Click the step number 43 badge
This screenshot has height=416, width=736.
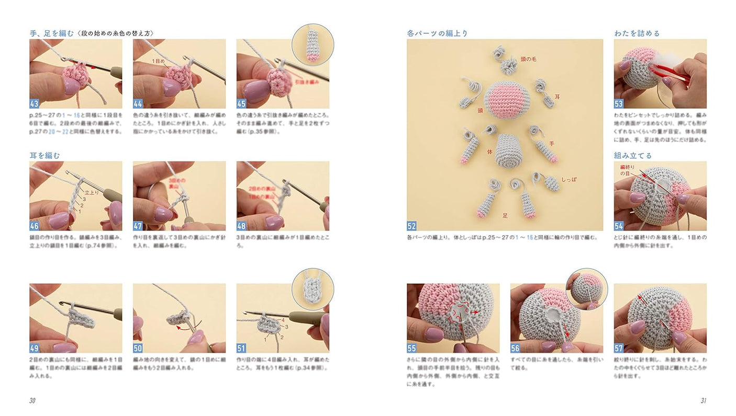pyautogui.click(x=35, y=103)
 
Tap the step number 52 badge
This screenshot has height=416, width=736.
pyautogui.click(x=412, y=226)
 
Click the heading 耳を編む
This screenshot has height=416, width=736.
pyautogui.click(x=45, y=155)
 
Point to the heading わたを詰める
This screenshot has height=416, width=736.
pyautogui.click(x=637, y=33)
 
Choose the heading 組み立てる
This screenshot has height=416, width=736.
pyautogui.click(x=633, y=155)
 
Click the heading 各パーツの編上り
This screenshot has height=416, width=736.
pyautogui.click(x=437, y=33)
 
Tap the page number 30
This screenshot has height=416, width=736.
pyautogui.click(x=32, y=401)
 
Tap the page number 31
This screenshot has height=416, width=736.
pyautogui.click(x=703, y=401)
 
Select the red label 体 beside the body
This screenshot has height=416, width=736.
pyautogui.click(x=489, y=152)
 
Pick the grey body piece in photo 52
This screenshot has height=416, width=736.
pyautogui.click(x=510, y=151)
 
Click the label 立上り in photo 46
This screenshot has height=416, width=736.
pyautogui.click(x=92, y=192)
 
